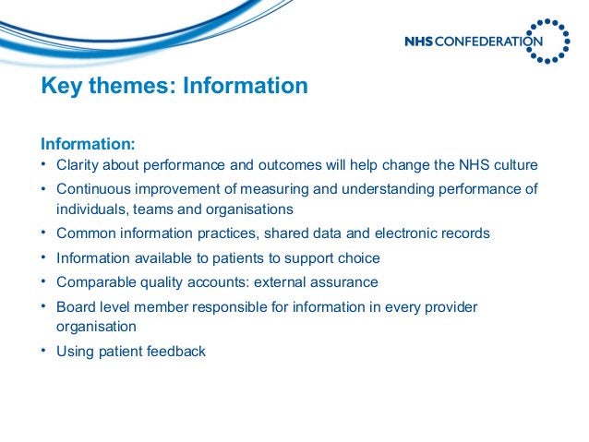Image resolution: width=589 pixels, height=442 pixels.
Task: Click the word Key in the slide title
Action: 61,86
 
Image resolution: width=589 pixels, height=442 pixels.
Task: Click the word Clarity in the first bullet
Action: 80,166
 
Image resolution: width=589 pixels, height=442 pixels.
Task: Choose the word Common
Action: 85,233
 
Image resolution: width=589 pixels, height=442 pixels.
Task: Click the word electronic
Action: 407,233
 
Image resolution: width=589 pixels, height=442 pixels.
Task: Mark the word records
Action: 466,233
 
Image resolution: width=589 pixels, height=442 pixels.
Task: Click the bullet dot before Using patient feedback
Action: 43,351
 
